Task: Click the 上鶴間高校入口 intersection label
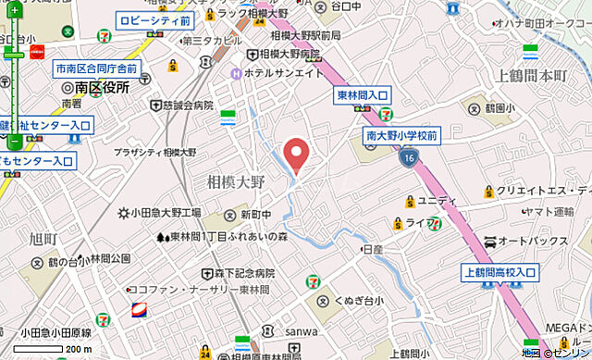tap(499, 272)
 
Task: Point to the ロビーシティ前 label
tap(154, 19)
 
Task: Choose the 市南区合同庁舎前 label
tap(95, 69)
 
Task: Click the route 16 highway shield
tap(408, 159)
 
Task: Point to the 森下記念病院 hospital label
tap(245, 274)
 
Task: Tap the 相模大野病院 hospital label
tap(288, 55)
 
